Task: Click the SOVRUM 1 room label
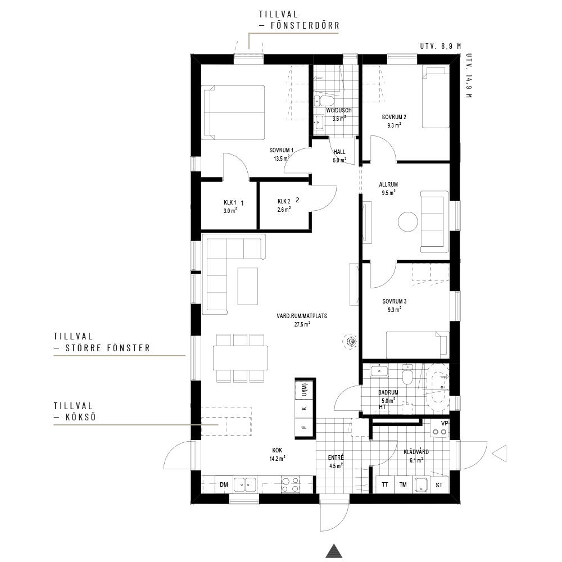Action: pos(282,150)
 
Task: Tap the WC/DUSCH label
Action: pos(339,110)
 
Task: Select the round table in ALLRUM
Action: pos(408,222)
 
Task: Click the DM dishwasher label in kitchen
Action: pos(224,484)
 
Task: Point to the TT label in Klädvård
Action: pos(384,484)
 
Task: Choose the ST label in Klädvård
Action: pos(439,485)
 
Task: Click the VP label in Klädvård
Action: pos(445,423)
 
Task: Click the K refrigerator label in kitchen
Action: pos(304,409)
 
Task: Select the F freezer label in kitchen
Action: pos(304,427)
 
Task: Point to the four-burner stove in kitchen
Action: pos(291,484)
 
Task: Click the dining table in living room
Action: pos(240,357)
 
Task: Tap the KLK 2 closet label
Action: pos(284,201)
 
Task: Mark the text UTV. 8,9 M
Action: pos(441,46)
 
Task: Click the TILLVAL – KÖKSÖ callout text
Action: pos(75,411)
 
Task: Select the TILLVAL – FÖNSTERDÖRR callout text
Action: pos(299,20)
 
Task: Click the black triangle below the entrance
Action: pos(334,551)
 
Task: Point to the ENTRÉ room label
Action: pos(336,457)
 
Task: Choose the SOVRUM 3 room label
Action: pos(395,301)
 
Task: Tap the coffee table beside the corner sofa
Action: pos(248,287)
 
